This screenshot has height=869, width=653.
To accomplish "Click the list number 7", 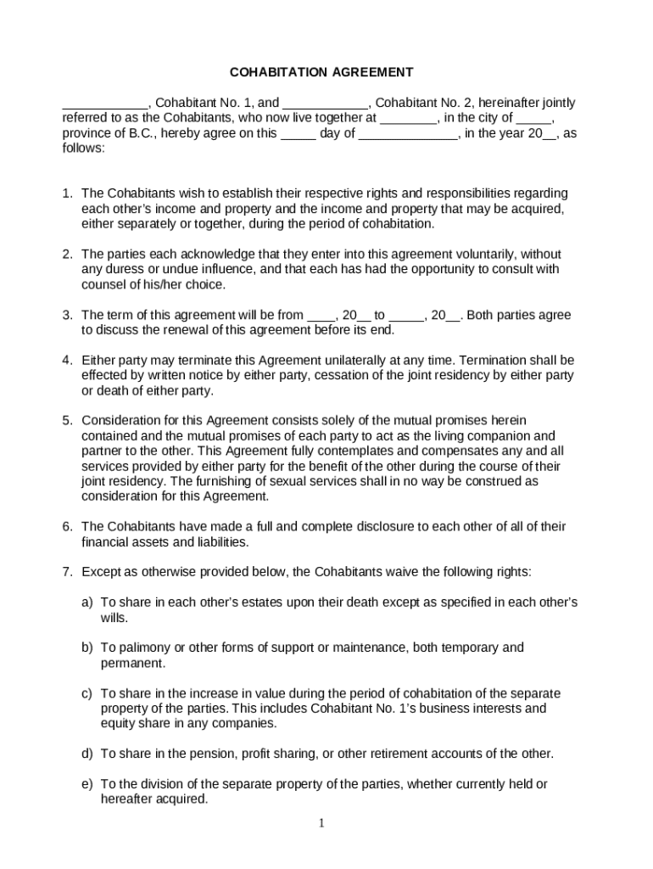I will point(66,572).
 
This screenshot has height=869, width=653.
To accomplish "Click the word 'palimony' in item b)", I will point(141,648).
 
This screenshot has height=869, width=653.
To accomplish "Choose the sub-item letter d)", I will point(87,754).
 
